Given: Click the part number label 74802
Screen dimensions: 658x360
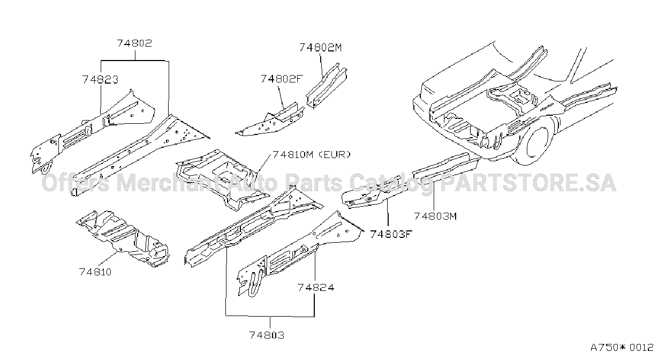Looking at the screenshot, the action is tap(134, 43).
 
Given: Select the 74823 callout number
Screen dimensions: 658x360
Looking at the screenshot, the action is tap(100, 80).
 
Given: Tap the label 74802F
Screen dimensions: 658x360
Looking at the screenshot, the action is tap(282, 79).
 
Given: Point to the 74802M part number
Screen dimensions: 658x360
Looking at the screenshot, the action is tap(321, 48).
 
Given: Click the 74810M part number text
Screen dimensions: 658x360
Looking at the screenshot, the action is tap(293, 155).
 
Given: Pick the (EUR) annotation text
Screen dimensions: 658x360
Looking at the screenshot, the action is tap(335, 155).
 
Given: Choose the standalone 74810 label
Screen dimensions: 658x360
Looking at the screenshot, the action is tap(95, 272).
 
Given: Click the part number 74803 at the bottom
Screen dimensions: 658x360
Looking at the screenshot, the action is tap(267, 335).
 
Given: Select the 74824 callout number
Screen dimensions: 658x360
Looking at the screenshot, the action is tap(316, 288).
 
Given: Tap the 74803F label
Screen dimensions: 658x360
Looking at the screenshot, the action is tap(391, 234).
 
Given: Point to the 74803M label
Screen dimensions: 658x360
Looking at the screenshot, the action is tap(435, 216).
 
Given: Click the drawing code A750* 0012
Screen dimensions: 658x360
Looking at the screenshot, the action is tap(622, 348).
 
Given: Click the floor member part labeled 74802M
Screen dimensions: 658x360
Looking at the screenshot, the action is tap(327, 86).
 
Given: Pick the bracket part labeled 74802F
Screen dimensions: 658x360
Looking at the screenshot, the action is tap(270, 121).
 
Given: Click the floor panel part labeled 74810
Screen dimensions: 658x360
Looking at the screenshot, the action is tap(123, 238).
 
